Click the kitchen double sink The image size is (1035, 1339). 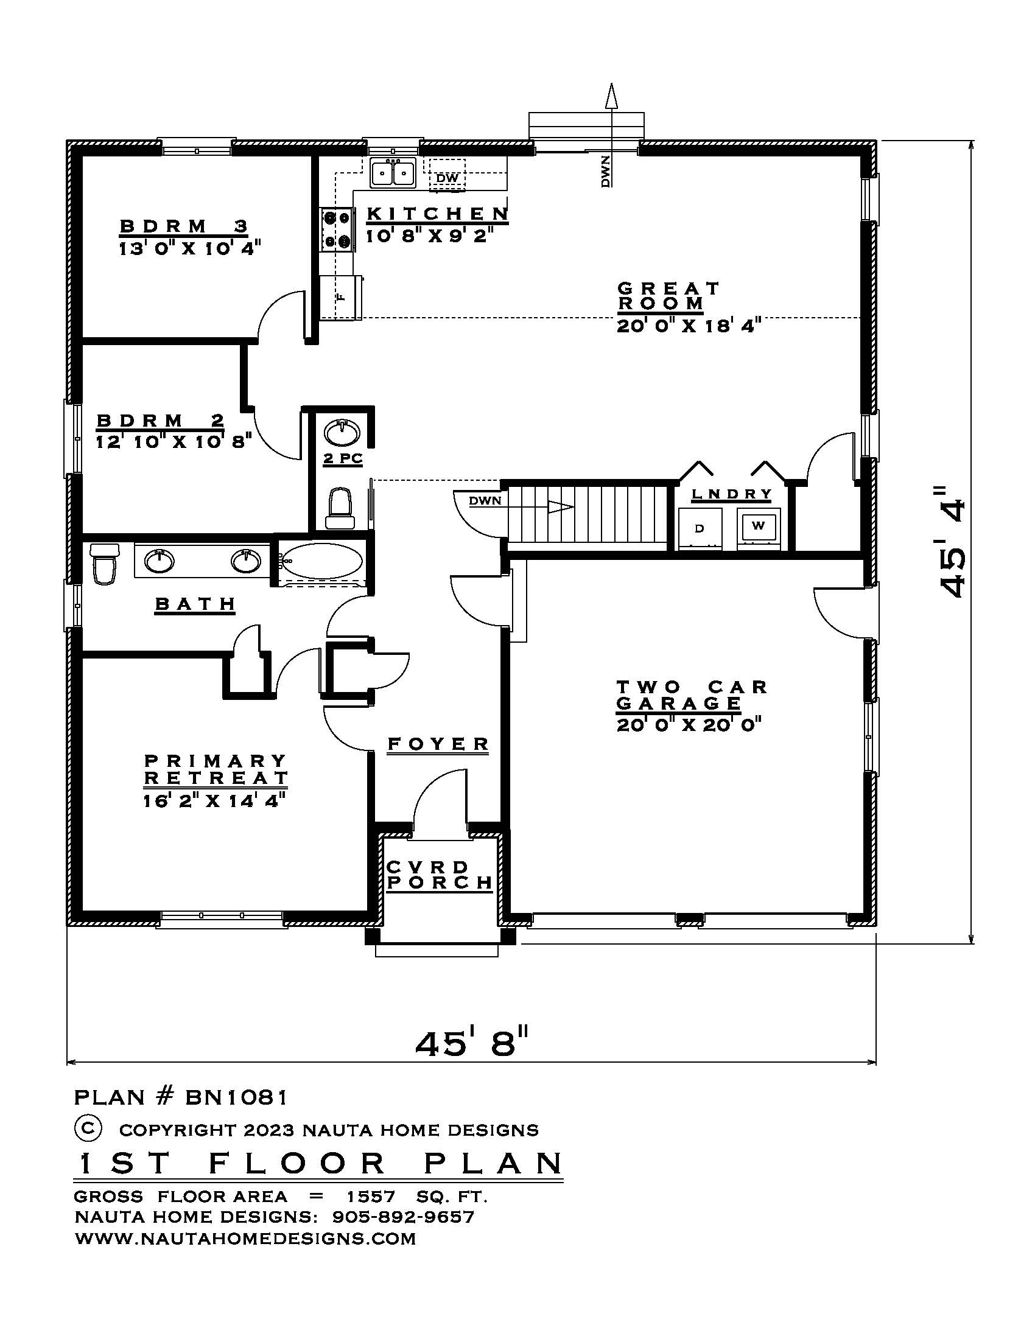[x=393, y=173]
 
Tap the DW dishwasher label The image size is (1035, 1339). [x=447, y=178]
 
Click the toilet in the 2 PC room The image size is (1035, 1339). [x=339, y=508]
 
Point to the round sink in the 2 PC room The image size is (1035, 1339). [x=342, y=433]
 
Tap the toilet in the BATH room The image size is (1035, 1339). [x=103, y=563]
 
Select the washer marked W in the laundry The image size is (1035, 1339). [x=758, y=526]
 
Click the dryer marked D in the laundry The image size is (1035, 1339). [x=699, y=528]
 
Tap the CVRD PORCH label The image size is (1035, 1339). [x=439, y=875]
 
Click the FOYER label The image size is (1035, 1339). [x=438, y=744]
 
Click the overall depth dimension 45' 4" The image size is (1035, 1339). [x=952, y=542]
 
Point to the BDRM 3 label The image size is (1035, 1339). [x=183, y=226]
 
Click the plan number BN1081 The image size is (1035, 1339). [x=236, y=1097]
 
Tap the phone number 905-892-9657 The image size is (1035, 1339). [x=403, y=1217]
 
